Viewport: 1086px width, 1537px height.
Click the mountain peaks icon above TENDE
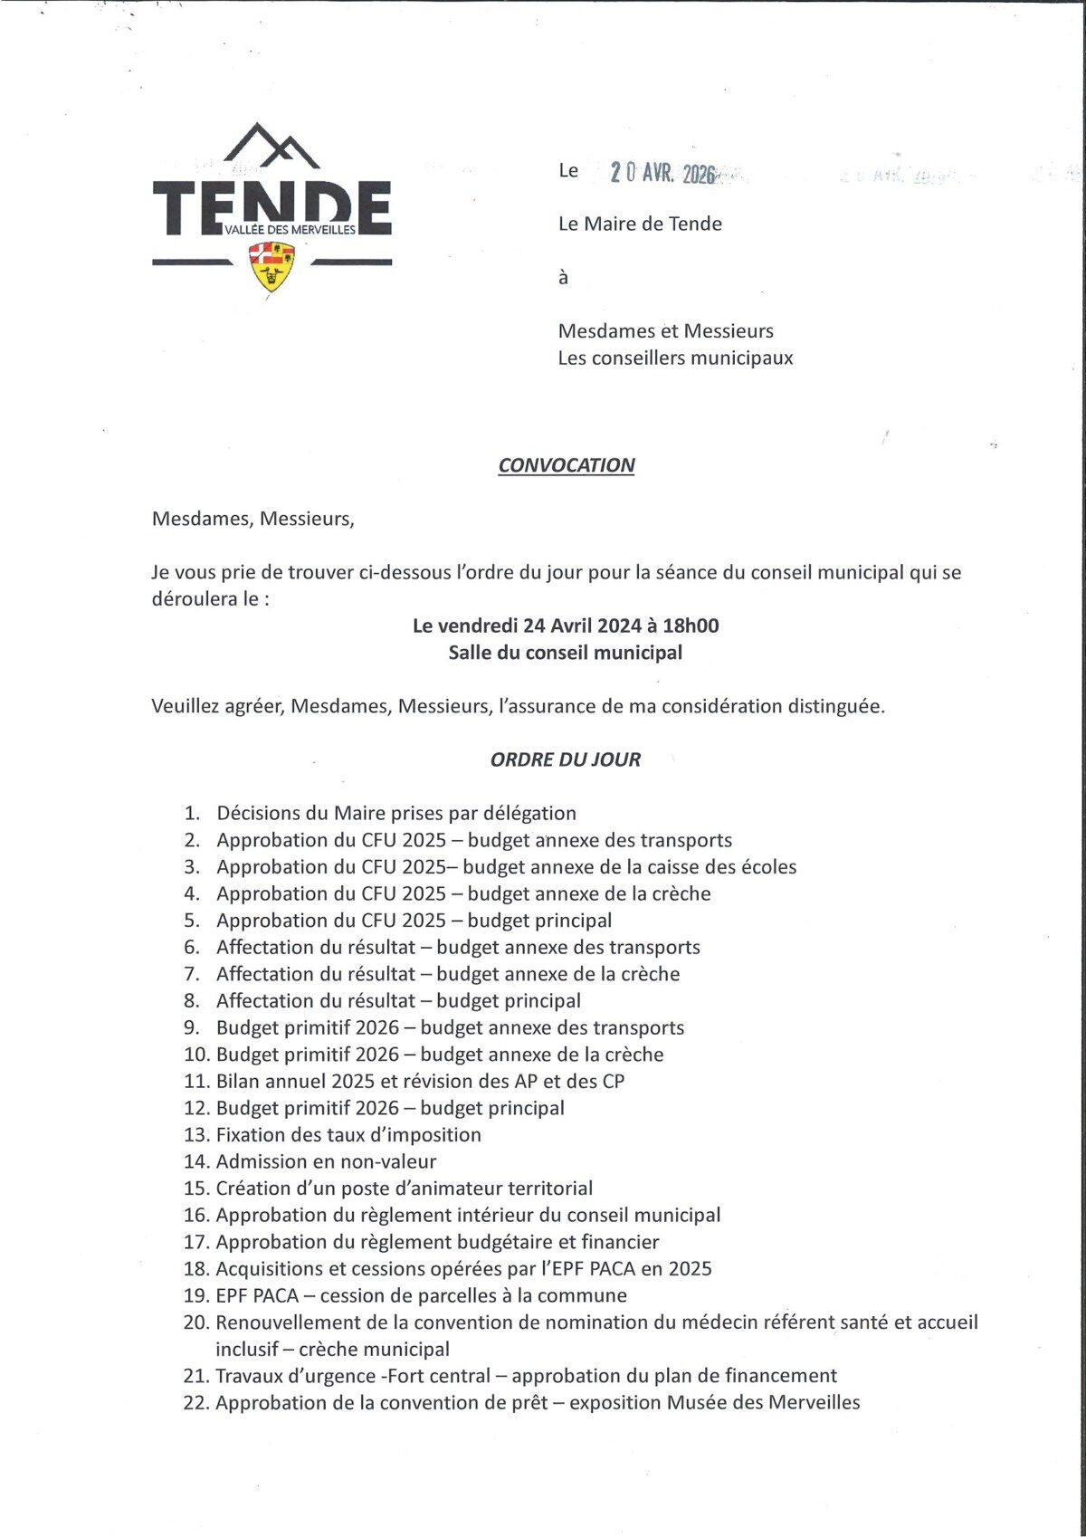(272, 145)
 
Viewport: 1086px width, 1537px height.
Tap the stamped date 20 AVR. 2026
(662, 173)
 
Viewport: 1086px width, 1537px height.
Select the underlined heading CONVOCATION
(567, 465)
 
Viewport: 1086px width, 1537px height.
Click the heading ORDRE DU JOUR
(566, 759)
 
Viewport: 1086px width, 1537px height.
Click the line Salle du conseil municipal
(566, 653)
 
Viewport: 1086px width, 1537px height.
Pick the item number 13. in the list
(196, 1135)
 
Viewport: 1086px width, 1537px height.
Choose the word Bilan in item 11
(239, 1081)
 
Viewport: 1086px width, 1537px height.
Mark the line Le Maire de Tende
(640, 224)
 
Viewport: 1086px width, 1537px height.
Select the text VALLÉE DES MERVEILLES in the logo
(291, 230)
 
